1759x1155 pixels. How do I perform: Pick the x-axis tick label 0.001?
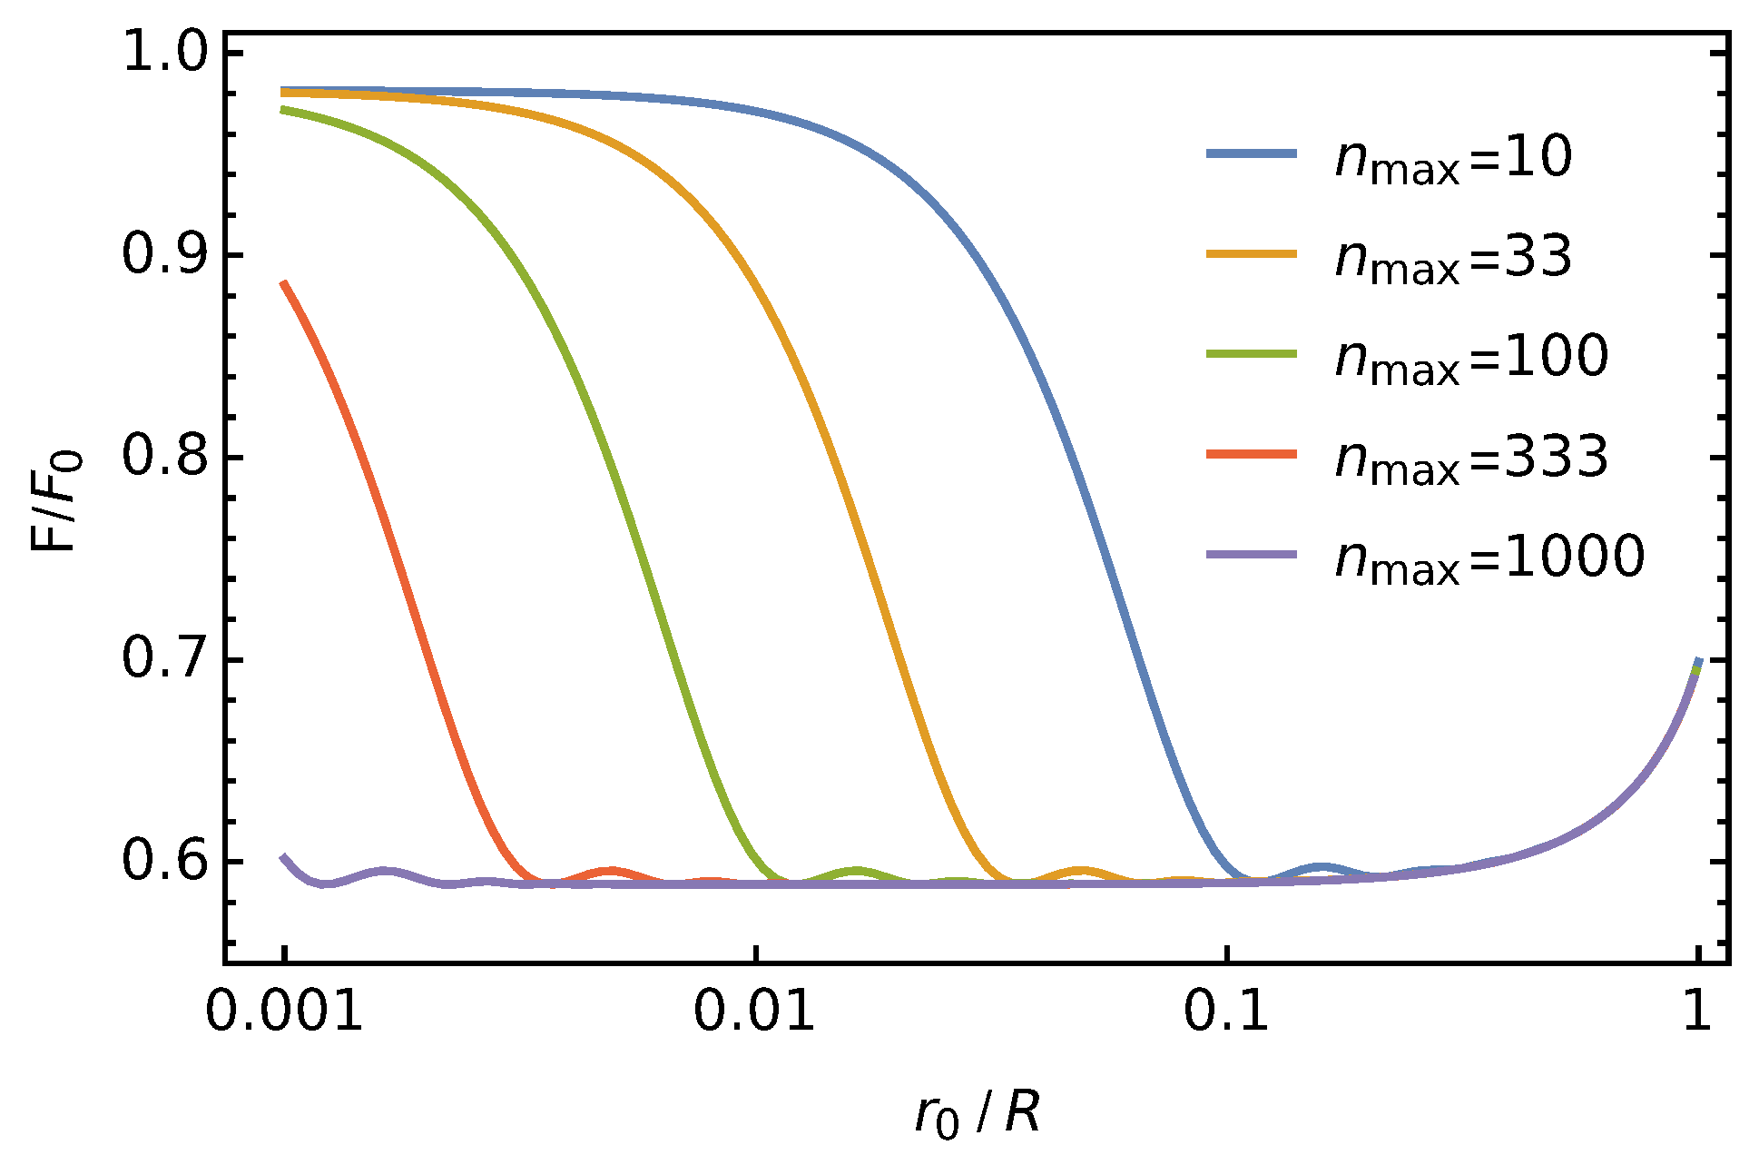coord(284,1011)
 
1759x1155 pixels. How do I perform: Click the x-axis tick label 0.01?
coord(754,1011)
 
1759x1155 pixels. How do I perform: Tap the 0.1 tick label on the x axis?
coord(1226,1011)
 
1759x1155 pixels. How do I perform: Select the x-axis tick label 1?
coord(1696,1011)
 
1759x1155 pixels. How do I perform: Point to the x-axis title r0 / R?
coord(977,1113)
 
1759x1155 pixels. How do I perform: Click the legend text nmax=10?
coord(1453,158)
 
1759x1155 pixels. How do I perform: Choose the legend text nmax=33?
coord(1453,258)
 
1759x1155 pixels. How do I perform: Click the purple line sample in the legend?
coord(1252,554)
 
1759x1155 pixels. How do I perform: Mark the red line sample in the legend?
coord(1252,453)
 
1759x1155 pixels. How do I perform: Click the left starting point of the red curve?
coord(284,283)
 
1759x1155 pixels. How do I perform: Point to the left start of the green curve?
coord(284,110)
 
